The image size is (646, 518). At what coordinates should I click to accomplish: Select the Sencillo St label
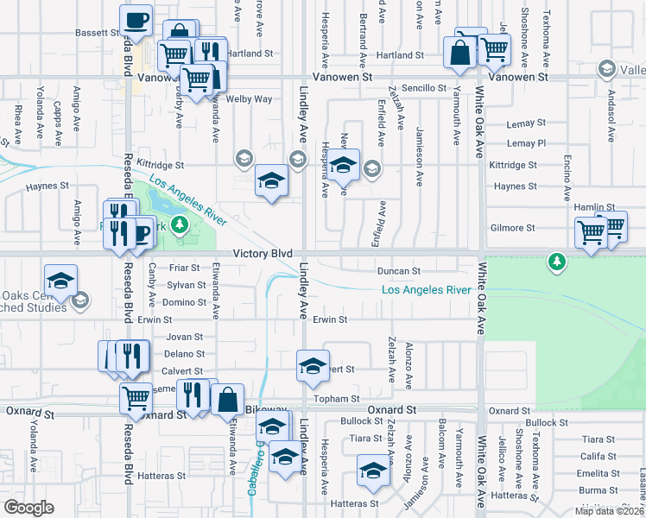(423, 88)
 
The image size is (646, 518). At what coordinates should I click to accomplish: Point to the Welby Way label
(249, 99)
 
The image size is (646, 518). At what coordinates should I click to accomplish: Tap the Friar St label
(184, 268)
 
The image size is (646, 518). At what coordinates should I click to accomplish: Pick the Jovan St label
(185, 337)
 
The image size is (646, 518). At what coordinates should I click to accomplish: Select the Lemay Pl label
(527, 142)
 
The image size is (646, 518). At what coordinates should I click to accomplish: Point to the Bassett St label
(96, 33)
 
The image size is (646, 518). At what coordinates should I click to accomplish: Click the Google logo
(28, 508)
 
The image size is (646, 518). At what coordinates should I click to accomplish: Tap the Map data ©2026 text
(609, 511)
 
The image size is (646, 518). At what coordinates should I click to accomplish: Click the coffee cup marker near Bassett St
(136, 20)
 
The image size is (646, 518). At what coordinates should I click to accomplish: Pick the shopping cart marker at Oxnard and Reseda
(136, 398)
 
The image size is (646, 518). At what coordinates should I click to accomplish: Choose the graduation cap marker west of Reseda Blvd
(61, 281)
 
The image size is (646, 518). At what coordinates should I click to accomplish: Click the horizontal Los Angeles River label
(427, 290)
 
